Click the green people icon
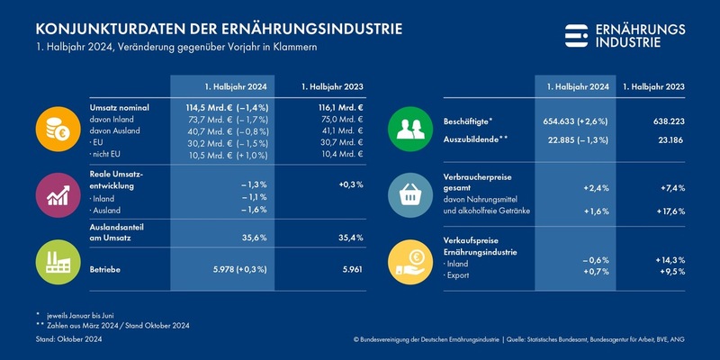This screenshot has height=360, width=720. point(412,129)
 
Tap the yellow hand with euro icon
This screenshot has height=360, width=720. point(412,259)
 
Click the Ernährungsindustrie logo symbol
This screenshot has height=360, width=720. point(576,35)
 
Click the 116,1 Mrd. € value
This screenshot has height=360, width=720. point(337,106)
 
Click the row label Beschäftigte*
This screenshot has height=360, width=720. point(468,121)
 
